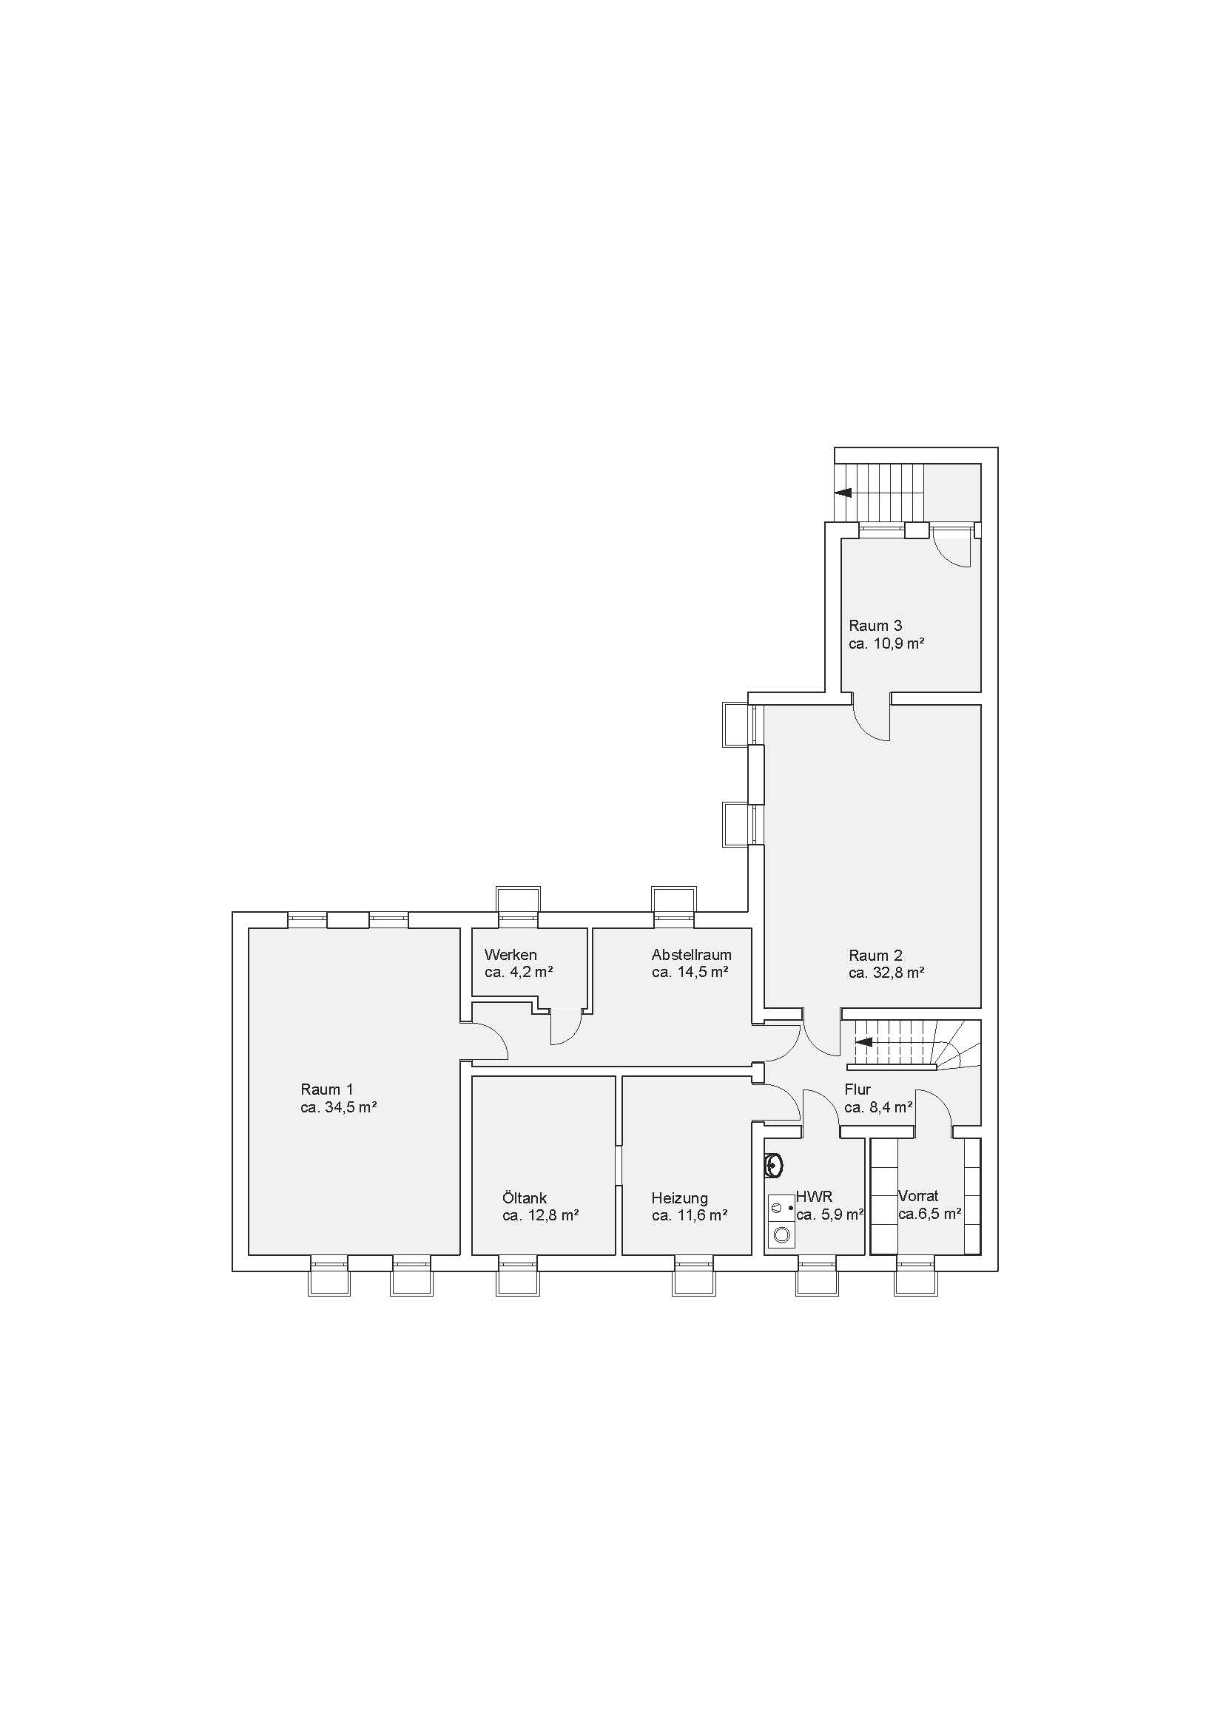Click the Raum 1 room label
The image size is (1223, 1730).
coord(326,1089)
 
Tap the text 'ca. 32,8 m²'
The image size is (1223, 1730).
coord(886,973)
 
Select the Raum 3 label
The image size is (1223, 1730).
coord(875,626)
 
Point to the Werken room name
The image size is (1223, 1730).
coord(511,955)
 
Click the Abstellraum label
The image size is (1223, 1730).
coord(691,955)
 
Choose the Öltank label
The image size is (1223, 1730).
coord(525,1197)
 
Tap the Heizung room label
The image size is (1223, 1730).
coord(680,1198)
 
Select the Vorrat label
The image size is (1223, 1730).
coord(918,1196)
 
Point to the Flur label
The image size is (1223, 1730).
coord(858,1089)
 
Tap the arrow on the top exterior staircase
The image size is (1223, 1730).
coord(843,493)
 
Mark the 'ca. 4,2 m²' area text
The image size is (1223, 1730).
coord(519,973)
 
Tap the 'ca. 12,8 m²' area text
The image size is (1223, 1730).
coord(540,1215)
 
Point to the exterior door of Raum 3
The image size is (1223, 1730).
coord(952,548)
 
